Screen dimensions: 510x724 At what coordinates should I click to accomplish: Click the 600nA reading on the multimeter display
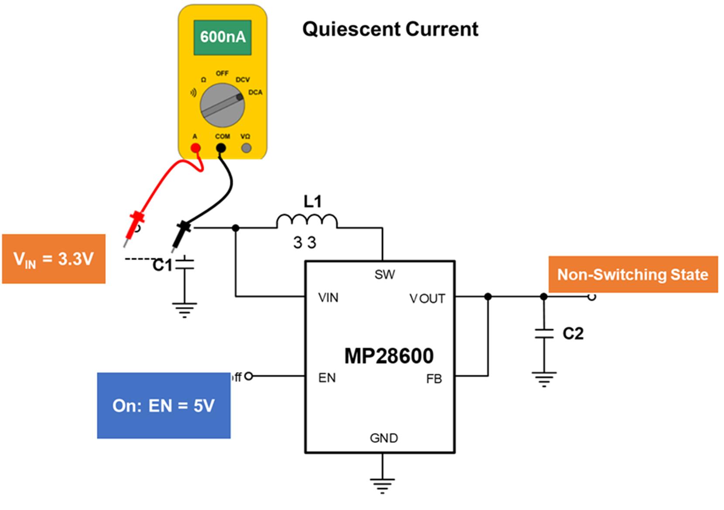pyautogui.click(x=222, y=37)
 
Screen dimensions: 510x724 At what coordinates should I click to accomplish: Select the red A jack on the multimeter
pyautogui.click(x=196, y=148)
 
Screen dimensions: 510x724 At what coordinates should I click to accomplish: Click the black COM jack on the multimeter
pyautogui.click(x=221, y=148)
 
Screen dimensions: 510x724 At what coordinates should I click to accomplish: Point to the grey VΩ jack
pyautogui.click(x=246, y=148)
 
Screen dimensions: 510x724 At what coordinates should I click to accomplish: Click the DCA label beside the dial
pyautogui.click(x=255, y=92)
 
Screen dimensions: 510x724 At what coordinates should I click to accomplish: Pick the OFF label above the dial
pyautogui.click(x=222, y=73)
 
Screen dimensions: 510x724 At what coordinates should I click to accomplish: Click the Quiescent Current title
pyautogui.click(x=390, y=29)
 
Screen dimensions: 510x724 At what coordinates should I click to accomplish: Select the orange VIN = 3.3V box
pyautogui.click(x=54, y=259)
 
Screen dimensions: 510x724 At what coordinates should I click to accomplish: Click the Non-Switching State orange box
pyautogui.click(x=632, y=274)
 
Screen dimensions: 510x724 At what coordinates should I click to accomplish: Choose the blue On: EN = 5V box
pyautogui.click(x=164, y=405)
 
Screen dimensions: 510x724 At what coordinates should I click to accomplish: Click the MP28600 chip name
pyautogui.click(x=389, y=356)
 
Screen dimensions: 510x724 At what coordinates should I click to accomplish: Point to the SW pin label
pyautogui.click(x=384, y=274)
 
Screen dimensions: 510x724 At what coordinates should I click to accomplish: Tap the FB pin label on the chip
pyautogui.click(x=434, y=379)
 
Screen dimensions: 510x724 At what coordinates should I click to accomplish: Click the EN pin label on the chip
pyautogui.click(x=327, y=378)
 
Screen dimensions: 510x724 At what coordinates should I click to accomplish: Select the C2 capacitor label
pyautogui.click(x=573, y=334)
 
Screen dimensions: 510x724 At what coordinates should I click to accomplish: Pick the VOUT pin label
pyautogui.click(x=427, y=299)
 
